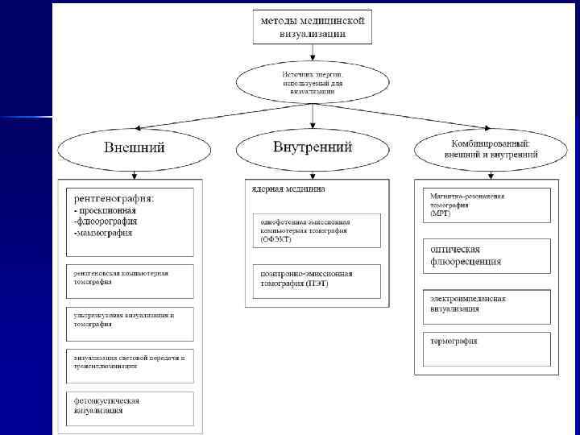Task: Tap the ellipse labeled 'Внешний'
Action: point(134,147)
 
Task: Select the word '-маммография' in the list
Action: point(103,234)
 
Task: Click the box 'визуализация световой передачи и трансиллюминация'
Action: point(129,363)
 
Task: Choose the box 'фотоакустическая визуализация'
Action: point(129,407)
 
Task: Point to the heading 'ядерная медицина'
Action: point(286,189)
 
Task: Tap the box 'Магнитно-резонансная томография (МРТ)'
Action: point(487,205)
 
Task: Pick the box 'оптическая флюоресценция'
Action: point(487,255)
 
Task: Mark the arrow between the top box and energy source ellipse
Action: point(313,52)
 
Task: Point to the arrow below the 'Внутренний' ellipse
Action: point(313,171)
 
